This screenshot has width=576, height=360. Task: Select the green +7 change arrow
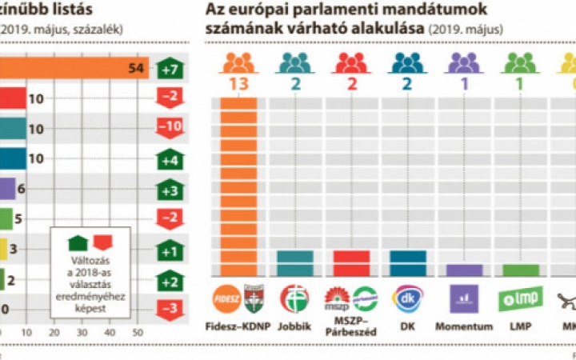coord(170,69)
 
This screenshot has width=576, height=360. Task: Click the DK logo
coord(408,298)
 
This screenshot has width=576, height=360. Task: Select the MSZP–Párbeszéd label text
coord(350,330)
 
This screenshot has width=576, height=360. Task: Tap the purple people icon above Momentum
coord(464,62)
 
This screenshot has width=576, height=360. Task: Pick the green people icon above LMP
coord(520,62)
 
